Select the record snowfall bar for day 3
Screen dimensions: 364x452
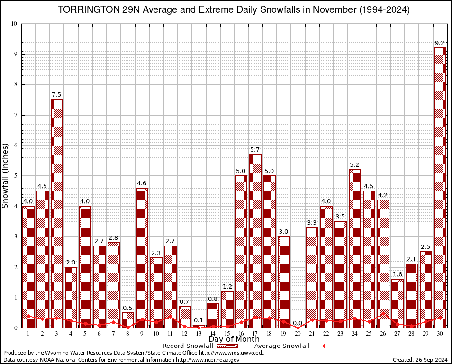[57, 213]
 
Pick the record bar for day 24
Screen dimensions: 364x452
[355, 248]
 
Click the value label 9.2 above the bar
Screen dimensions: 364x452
[440, 43]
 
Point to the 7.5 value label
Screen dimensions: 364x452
[57, 95]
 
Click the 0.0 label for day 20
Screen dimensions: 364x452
[298, 323]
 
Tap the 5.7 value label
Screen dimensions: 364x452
[255, 150]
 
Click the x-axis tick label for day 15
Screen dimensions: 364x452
[227, 334]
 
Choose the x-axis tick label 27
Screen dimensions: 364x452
[398, 334]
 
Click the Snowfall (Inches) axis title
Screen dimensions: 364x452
[6, 175]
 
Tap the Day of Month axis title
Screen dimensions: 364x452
[234, 339]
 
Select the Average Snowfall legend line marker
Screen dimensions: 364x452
[324, 346]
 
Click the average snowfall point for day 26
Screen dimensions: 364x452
[383, 313]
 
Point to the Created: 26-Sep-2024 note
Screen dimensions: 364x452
[420, 360]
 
